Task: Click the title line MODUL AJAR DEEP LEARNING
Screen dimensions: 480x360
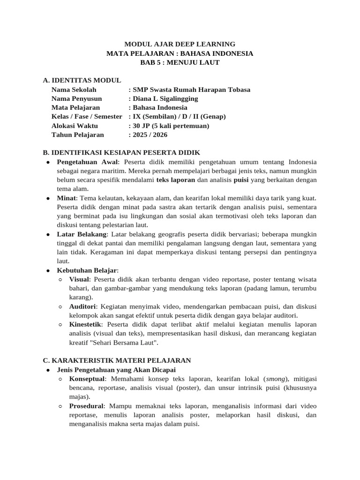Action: click(x=180, y=44)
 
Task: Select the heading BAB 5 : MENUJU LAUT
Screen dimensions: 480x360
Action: click(x=180, y=62)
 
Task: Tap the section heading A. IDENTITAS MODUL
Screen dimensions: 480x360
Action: click(x=82, y=81)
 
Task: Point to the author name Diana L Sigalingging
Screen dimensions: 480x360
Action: click(x=165, y=98)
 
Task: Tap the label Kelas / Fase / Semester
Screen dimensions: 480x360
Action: click(x=87, y=116)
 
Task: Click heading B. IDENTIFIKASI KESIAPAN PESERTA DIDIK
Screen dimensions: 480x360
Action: click(x=121, y=152)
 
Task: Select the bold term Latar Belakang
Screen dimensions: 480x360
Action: click(x=82, y=234)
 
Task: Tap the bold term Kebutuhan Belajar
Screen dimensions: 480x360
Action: click(x=87, y=270)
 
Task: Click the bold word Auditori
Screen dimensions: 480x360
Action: click(x=82, y=307)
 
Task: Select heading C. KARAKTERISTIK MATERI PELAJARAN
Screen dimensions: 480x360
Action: click(x=116, y=360)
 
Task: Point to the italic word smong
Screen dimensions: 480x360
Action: click(x=276, y=379)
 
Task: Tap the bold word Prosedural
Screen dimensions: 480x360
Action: click(x=86, y=406)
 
